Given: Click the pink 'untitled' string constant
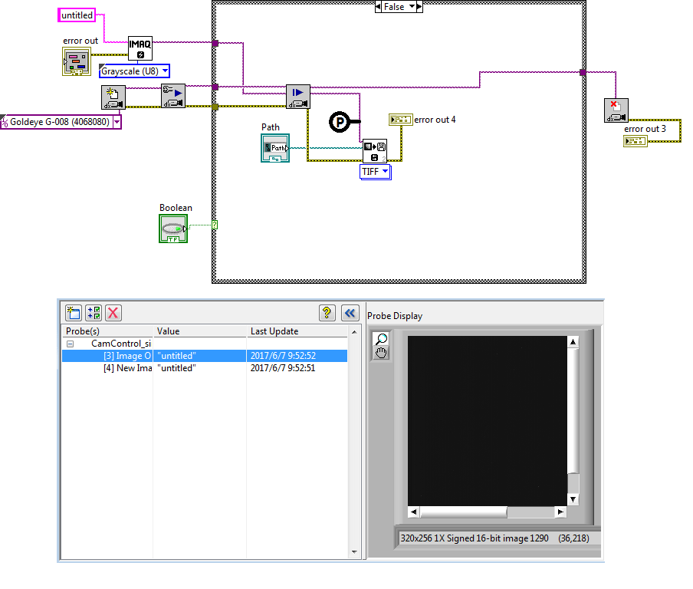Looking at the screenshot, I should (x=77, y=15).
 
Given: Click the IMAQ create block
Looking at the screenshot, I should (x=140, y=48).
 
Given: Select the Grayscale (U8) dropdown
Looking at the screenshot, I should (x=134, y=71).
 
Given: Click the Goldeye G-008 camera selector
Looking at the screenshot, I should (x=61, y=121).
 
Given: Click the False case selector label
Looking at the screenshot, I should (x=399, y=7).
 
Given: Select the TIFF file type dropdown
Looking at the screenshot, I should (x=376, y=172).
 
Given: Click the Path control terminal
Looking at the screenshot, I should (x=274, y=147).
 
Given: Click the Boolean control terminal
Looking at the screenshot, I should (x=173, y=229).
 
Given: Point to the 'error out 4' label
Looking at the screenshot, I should (x=435, y=120).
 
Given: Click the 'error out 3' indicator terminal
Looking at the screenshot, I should (x=636, y=140).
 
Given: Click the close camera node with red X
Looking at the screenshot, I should (x=616, y=110).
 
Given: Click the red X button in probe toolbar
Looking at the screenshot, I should (x=113, y=312).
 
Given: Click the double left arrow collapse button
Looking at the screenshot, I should (x=350, y=312).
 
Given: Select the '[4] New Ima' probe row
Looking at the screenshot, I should (x=127, y=368).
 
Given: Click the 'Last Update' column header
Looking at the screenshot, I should (x=274, y=331).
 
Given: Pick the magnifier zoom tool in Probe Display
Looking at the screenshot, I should (x=381, y=339).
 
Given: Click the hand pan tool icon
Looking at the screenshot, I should (x=381, y=352).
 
